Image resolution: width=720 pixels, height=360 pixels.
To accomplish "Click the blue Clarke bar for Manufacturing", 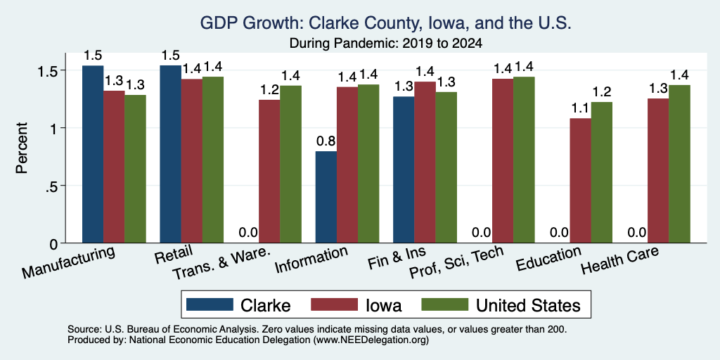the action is click(93, 154).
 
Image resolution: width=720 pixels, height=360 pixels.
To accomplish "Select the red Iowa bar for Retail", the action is click(191, 161).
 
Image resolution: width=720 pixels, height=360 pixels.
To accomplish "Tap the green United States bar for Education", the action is click(602, 172).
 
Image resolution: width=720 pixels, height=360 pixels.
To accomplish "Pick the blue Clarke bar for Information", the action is click(326, 197).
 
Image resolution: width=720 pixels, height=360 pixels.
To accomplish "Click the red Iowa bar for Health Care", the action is click(658, 171).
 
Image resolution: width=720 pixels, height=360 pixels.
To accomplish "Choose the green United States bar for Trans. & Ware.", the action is click(290, 164).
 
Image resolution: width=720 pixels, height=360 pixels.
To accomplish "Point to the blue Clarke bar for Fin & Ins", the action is click(404, 169).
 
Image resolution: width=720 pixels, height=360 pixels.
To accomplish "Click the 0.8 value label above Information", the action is click(326, 141).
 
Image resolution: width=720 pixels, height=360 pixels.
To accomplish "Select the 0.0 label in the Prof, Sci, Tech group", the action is click(482, 232).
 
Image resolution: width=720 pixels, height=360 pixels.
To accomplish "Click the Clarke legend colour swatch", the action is click(210, 304).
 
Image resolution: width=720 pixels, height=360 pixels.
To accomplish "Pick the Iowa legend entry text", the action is click(383, 305).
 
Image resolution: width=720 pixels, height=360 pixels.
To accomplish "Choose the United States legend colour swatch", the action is click(444, 304).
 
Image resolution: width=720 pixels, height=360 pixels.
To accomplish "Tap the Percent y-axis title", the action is click(22, 148).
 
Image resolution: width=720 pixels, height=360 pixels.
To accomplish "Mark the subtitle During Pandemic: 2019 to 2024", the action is click(386, 44).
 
